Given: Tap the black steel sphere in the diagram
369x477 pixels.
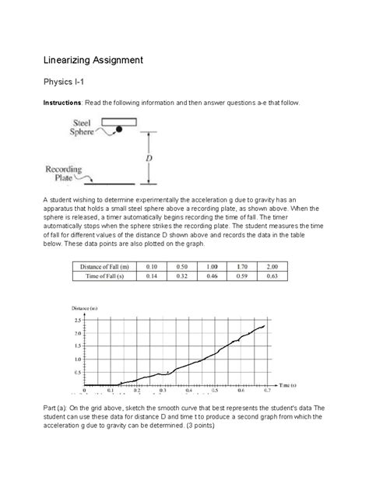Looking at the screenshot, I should point(119,129).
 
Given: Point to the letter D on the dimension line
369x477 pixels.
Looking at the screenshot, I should point(149,158).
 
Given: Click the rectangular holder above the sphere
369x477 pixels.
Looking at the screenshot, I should point(118,121).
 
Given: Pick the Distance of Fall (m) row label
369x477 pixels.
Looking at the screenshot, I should point(109,266).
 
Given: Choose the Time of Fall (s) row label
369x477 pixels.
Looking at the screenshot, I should point(109,275).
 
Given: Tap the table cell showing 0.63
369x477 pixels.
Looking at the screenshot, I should point(270,275).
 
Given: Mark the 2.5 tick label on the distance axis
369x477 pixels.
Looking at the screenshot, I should point(76,320).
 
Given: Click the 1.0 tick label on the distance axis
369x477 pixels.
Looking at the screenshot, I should point(76,360).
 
